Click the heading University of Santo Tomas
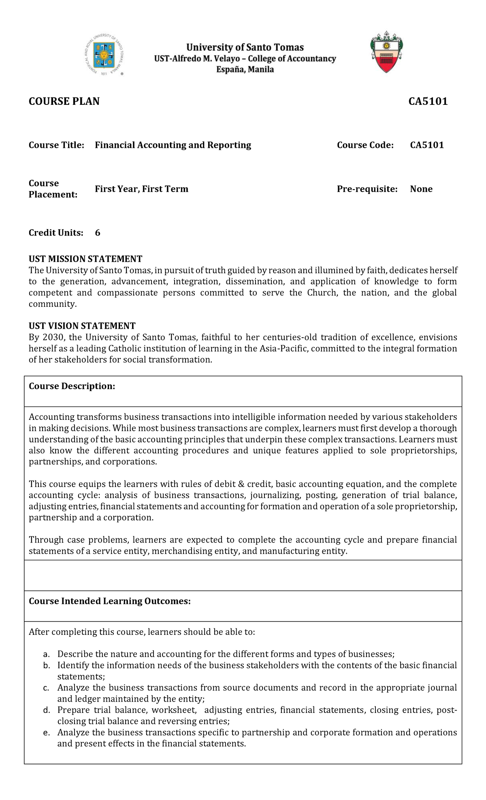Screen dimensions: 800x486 pos(245,47)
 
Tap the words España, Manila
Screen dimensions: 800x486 pos(245,69)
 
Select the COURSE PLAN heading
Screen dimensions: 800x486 pos(64,101)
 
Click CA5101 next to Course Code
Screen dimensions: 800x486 pos(427,145)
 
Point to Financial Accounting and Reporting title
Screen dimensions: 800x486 pos(173,145)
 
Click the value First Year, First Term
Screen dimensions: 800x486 pos(141,189)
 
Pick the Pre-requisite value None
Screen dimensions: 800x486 pos(421,189)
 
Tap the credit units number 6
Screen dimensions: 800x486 pos(98,233)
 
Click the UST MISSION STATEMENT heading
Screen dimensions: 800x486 pos(85,259)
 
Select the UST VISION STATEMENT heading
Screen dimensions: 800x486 pos(82,326)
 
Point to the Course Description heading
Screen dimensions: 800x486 pos(72,386)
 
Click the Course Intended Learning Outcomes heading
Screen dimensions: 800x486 pos(109,601)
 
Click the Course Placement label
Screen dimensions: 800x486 pos(53,189)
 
